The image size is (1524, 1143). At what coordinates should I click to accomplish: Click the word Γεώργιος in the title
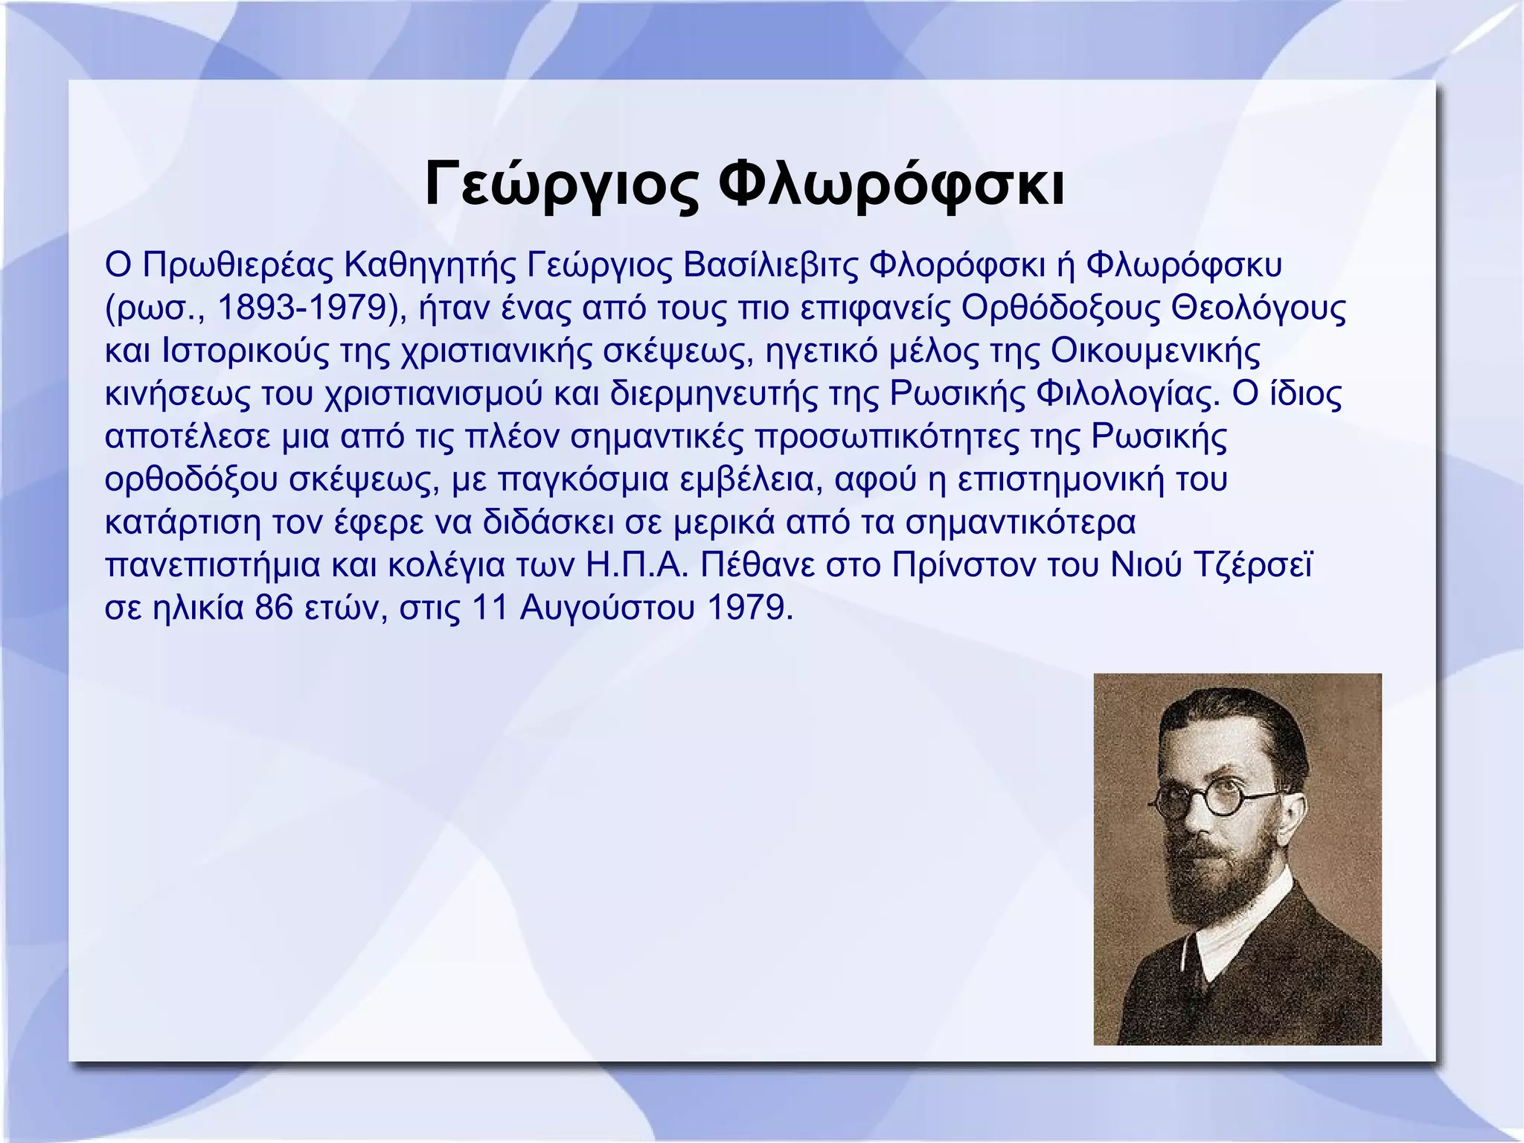click(x=562, y=184)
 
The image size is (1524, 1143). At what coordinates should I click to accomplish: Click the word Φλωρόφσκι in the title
click(x=894, y=184)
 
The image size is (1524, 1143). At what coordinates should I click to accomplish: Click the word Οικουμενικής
click(x=1156, y=351)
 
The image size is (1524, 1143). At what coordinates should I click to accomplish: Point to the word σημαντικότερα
click(x=1021, y=522)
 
